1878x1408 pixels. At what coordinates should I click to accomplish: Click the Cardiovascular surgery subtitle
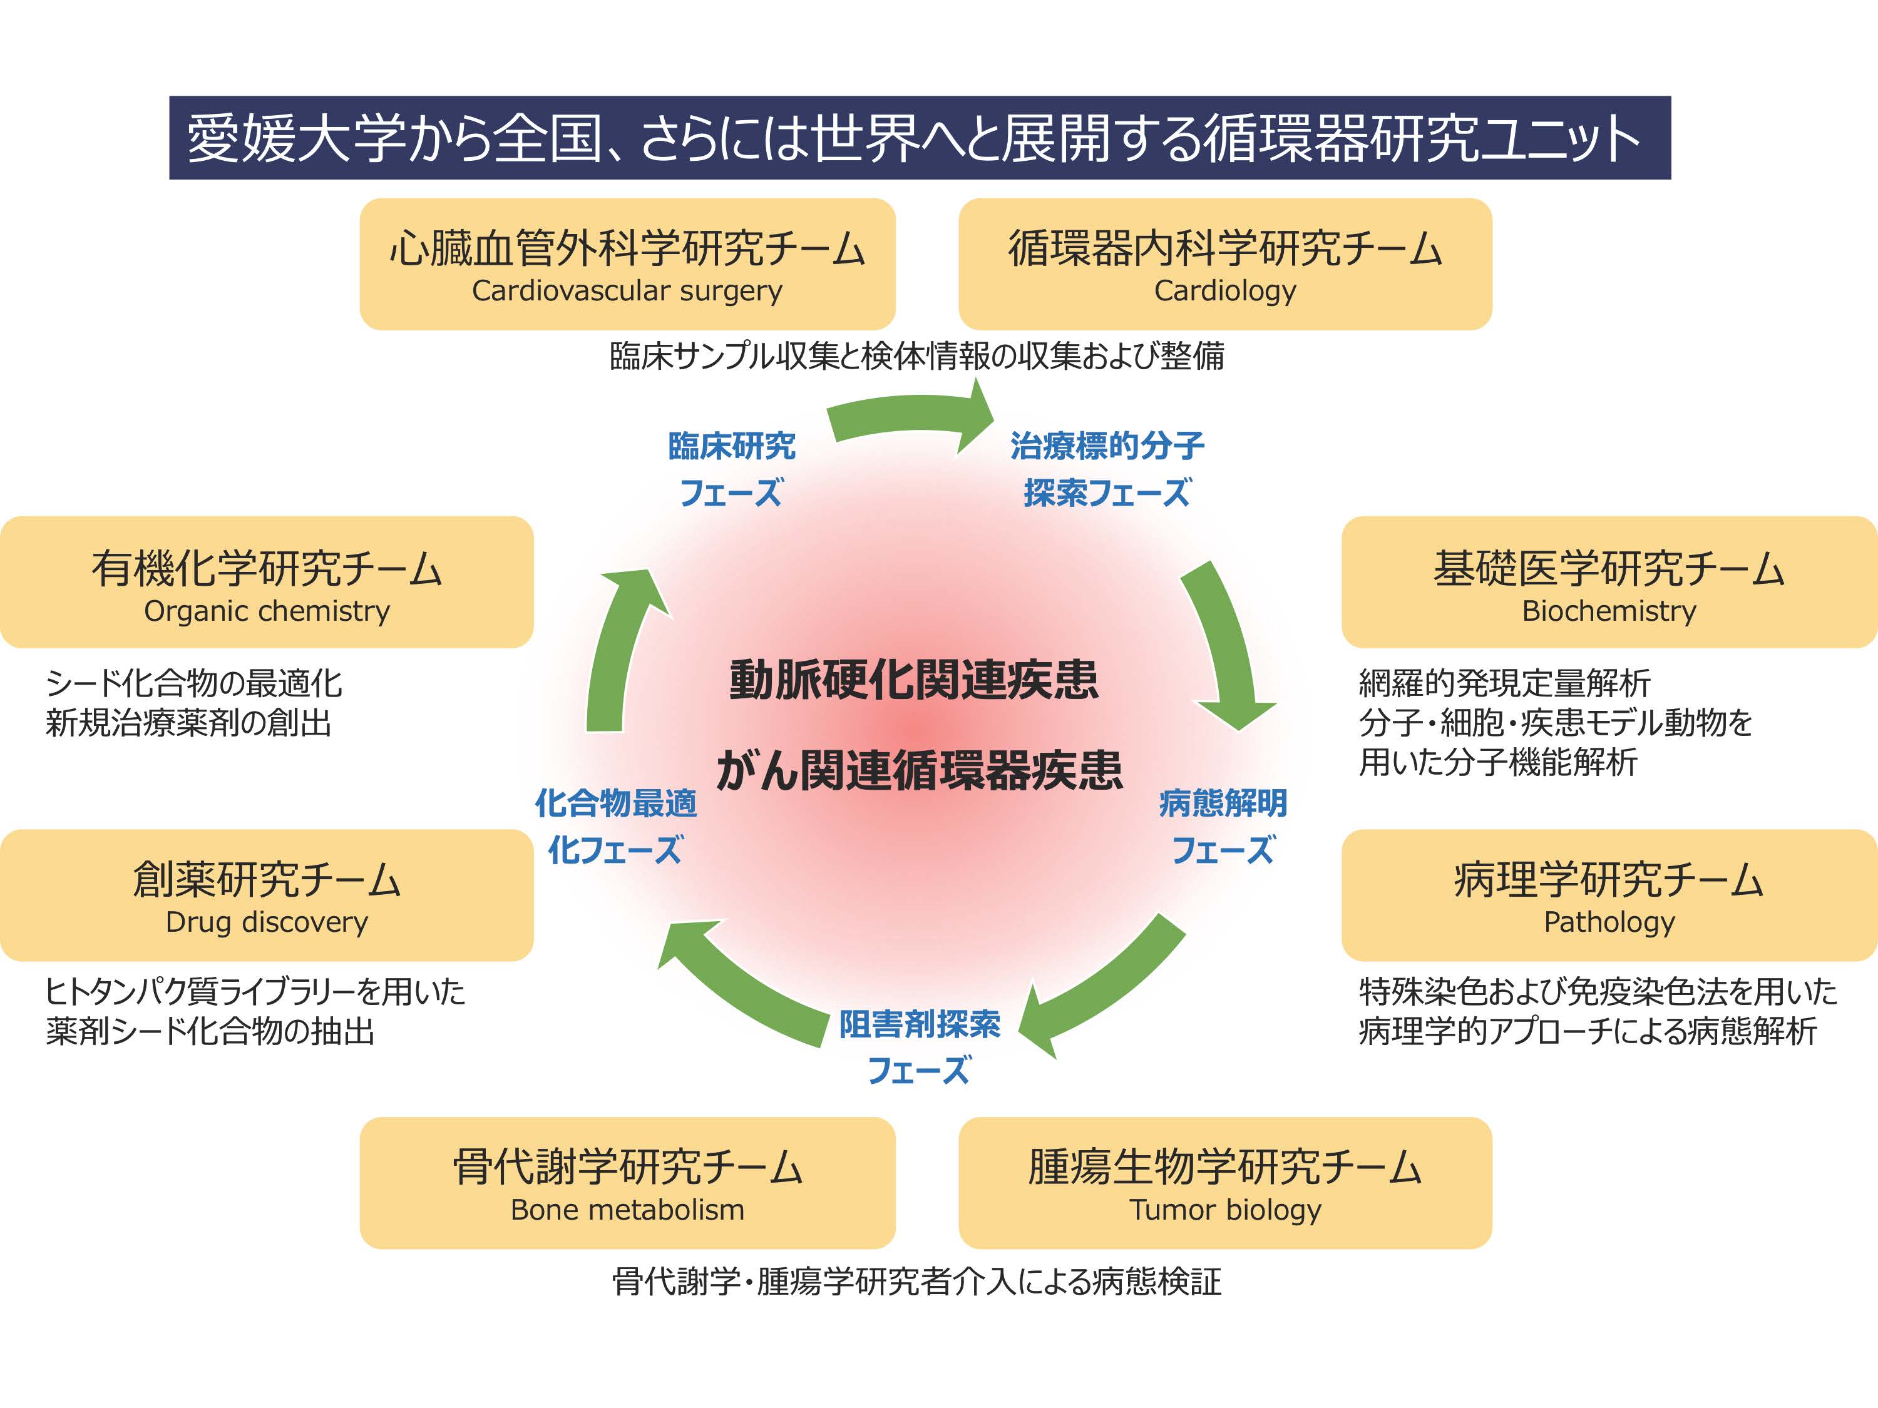[x=627, y=291]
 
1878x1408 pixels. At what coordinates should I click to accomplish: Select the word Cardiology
[x=1224, y=291]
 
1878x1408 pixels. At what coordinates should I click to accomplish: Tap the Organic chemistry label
[x=267, y=611]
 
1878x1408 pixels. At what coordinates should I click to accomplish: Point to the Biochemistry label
[x=1608, y=611]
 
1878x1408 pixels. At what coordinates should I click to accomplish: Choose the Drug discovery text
[x=267, y=922]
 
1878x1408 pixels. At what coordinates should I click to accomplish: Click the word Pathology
[x=1608, y=922]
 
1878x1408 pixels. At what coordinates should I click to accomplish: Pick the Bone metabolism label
[x=627, y=1210]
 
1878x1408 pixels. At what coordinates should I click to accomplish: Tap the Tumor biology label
[x=1224, y=1210]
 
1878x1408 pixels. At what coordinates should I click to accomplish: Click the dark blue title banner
[x=920, y=138]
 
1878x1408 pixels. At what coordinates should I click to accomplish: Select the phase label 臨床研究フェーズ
[x=731, y=469]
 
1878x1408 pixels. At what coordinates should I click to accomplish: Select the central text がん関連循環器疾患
[x=920, y=770]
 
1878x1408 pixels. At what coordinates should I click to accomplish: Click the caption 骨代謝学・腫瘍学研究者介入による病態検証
[x=917, y=1282]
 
